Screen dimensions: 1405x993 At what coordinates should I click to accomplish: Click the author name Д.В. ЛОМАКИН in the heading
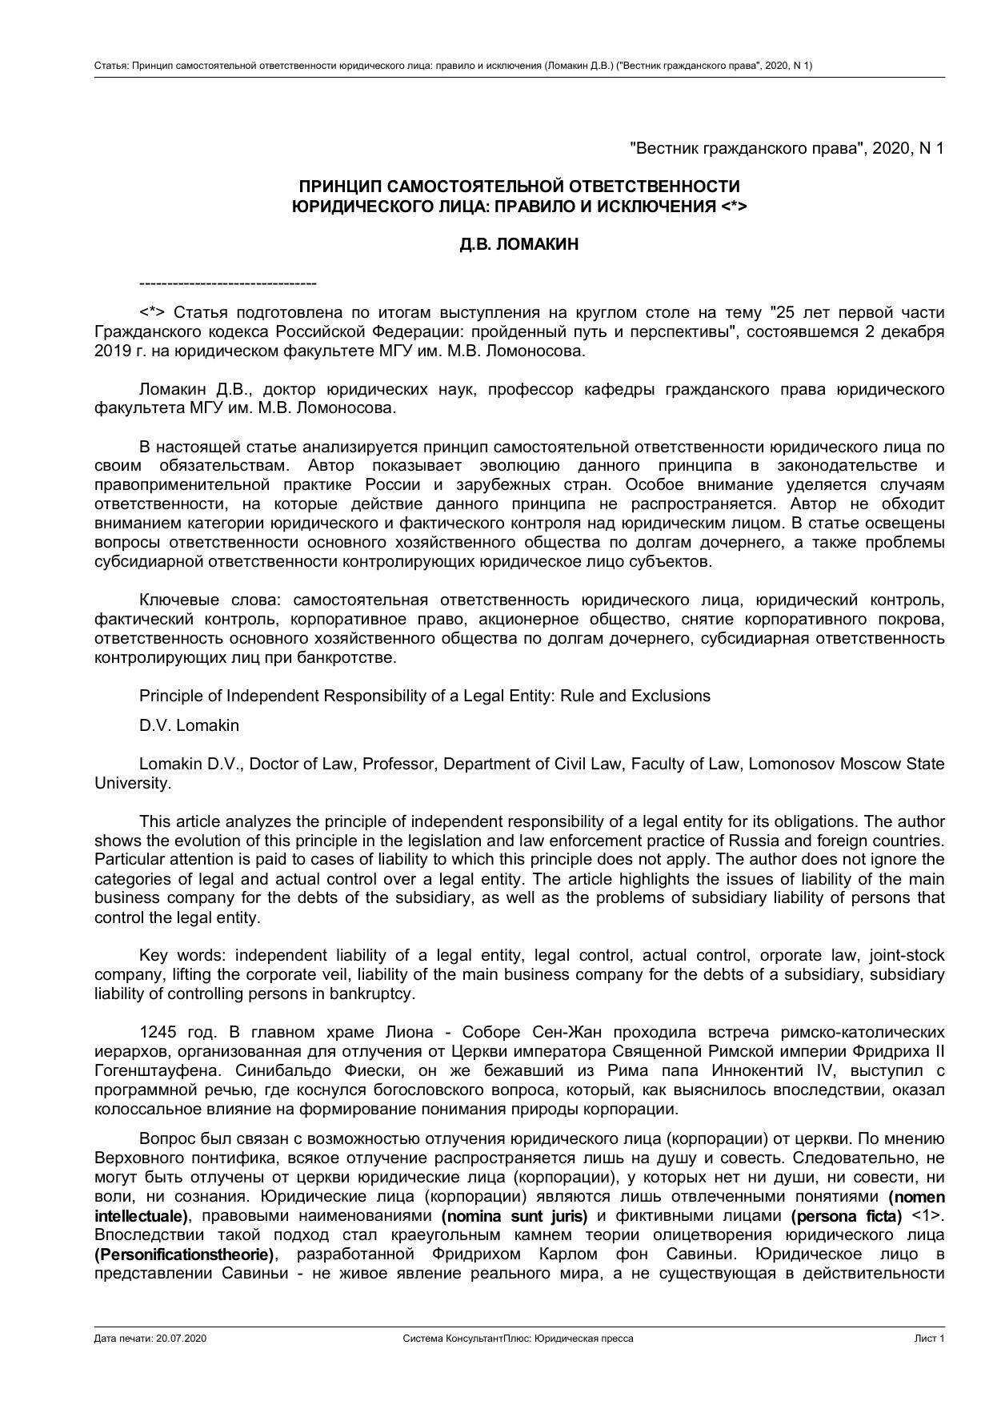pos(519,245)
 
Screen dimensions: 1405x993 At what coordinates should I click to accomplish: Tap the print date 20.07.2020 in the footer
pos(182,1339)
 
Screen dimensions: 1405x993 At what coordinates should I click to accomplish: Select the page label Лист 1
pos(930,1339)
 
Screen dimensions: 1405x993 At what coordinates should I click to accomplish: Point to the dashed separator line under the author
pos(228,283)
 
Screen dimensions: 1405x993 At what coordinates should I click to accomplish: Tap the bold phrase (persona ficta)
pos(846,1216)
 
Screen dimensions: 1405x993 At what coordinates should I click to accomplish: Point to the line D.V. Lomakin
pos(189,725)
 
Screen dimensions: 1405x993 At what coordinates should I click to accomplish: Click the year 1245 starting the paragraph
pos(156,1032)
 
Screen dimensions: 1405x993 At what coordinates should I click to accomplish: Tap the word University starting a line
pos(132,783)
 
